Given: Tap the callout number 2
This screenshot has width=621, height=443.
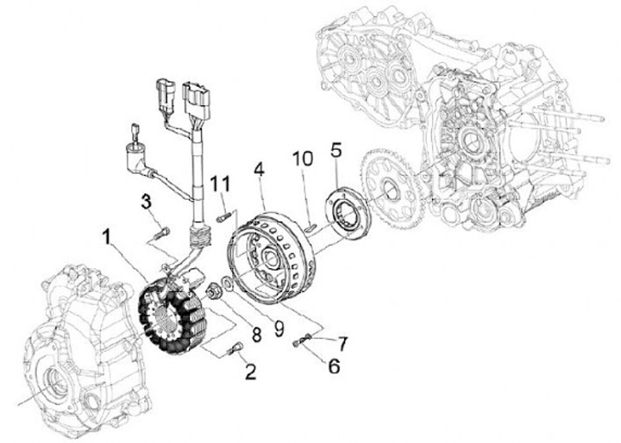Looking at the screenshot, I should point(249,373).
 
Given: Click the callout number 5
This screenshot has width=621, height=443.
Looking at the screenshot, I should point(336,152).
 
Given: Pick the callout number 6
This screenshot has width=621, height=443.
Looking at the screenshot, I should point(332,365).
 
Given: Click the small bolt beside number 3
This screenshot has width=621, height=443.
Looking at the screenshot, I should point(159,230).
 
